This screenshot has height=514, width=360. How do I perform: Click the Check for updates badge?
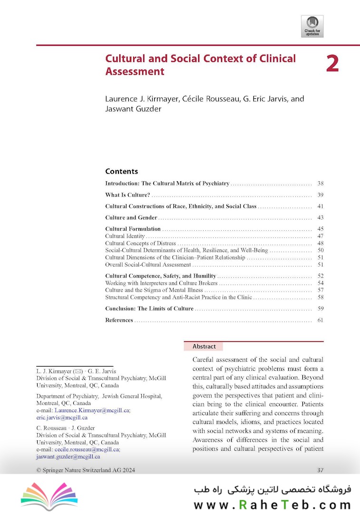312,26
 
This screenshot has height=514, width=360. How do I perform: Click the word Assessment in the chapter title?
135,72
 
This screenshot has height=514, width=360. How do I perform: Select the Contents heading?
121,171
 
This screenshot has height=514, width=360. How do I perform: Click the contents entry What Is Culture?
127,195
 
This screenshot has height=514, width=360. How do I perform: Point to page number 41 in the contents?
320,207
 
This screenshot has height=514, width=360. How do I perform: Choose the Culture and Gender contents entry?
131,218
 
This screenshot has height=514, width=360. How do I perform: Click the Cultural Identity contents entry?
125,236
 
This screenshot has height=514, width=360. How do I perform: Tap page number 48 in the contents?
320,243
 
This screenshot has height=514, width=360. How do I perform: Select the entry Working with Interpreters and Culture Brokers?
161,283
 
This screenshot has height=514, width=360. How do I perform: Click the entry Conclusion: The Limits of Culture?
149,309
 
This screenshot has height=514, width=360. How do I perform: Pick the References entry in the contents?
119,320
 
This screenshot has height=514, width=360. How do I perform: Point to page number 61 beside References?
320,320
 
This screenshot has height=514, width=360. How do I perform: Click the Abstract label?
204,346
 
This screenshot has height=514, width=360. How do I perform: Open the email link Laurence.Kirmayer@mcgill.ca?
93,410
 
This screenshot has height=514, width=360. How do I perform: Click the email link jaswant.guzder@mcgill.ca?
68,456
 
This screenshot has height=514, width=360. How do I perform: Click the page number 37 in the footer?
320,470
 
